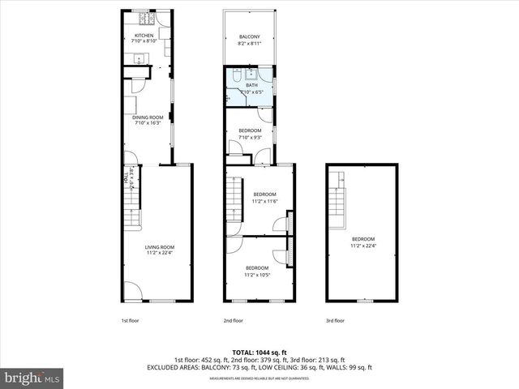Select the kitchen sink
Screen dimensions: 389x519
click(139, 58)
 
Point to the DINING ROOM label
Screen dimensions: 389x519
click(148, 118)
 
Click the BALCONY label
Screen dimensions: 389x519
click(249, 37)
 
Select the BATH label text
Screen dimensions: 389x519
click(251, 85)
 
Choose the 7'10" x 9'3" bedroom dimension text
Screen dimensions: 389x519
click(250, 137)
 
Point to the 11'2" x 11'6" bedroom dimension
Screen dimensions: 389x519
click(265, 201)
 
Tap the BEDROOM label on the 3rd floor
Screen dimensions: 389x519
click(363, 239)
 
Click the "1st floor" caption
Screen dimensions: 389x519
click(131, 321)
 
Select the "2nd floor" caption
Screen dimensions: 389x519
click(233, 321)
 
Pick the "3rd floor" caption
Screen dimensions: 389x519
click(336, 321)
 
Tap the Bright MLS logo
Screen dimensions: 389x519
click(32, 378)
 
